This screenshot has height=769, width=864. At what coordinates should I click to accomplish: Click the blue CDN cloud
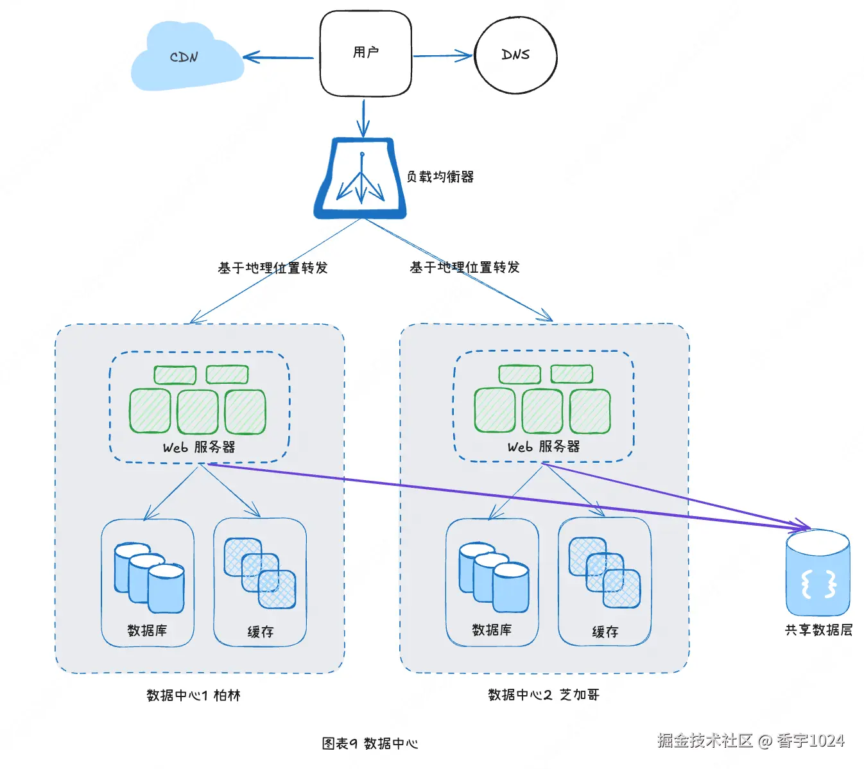pos(185,58)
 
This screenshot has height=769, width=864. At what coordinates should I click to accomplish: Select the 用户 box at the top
pos(365,54)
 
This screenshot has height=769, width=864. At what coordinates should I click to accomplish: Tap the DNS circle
pos(515,55)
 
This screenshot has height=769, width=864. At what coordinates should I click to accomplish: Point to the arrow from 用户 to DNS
pos(442,56)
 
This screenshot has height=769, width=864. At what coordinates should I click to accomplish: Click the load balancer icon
pos(361,179)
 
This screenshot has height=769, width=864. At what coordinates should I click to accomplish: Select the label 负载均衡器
pos(440,177)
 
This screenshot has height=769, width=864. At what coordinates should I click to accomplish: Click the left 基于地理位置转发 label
pos(273,268)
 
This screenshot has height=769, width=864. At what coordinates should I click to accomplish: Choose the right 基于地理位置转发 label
pos(465,267)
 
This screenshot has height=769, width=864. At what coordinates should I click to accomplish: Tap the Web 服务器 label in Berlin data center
pos(199,447)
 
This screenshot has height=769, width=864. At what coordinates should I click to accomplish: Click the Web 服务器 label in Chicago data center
pos(544,446)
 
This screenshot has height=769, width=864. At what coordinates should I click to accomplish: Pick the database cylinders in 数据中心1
pos(149,578)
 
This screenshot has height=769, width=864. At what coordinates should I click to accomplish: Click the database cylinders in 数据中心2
pos(494,577)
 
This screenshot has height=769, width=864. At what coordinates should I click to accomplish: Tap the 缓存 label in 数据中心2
pos(605,632)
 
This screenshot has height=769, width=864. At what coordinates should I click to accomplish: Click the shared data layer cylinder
pos(818,573)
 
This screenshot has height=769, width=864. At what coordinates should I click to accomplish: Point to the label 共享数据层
pos(818,630)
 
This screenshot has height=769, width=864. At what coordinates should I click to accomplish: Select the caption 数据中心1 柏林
pos(193,695)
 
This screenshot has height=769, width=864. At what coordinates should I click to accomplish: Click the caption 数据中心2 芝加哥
pos(544,695)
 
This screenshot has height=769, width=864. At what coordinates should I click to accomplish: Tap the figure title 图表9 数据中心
pos(370,743)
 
